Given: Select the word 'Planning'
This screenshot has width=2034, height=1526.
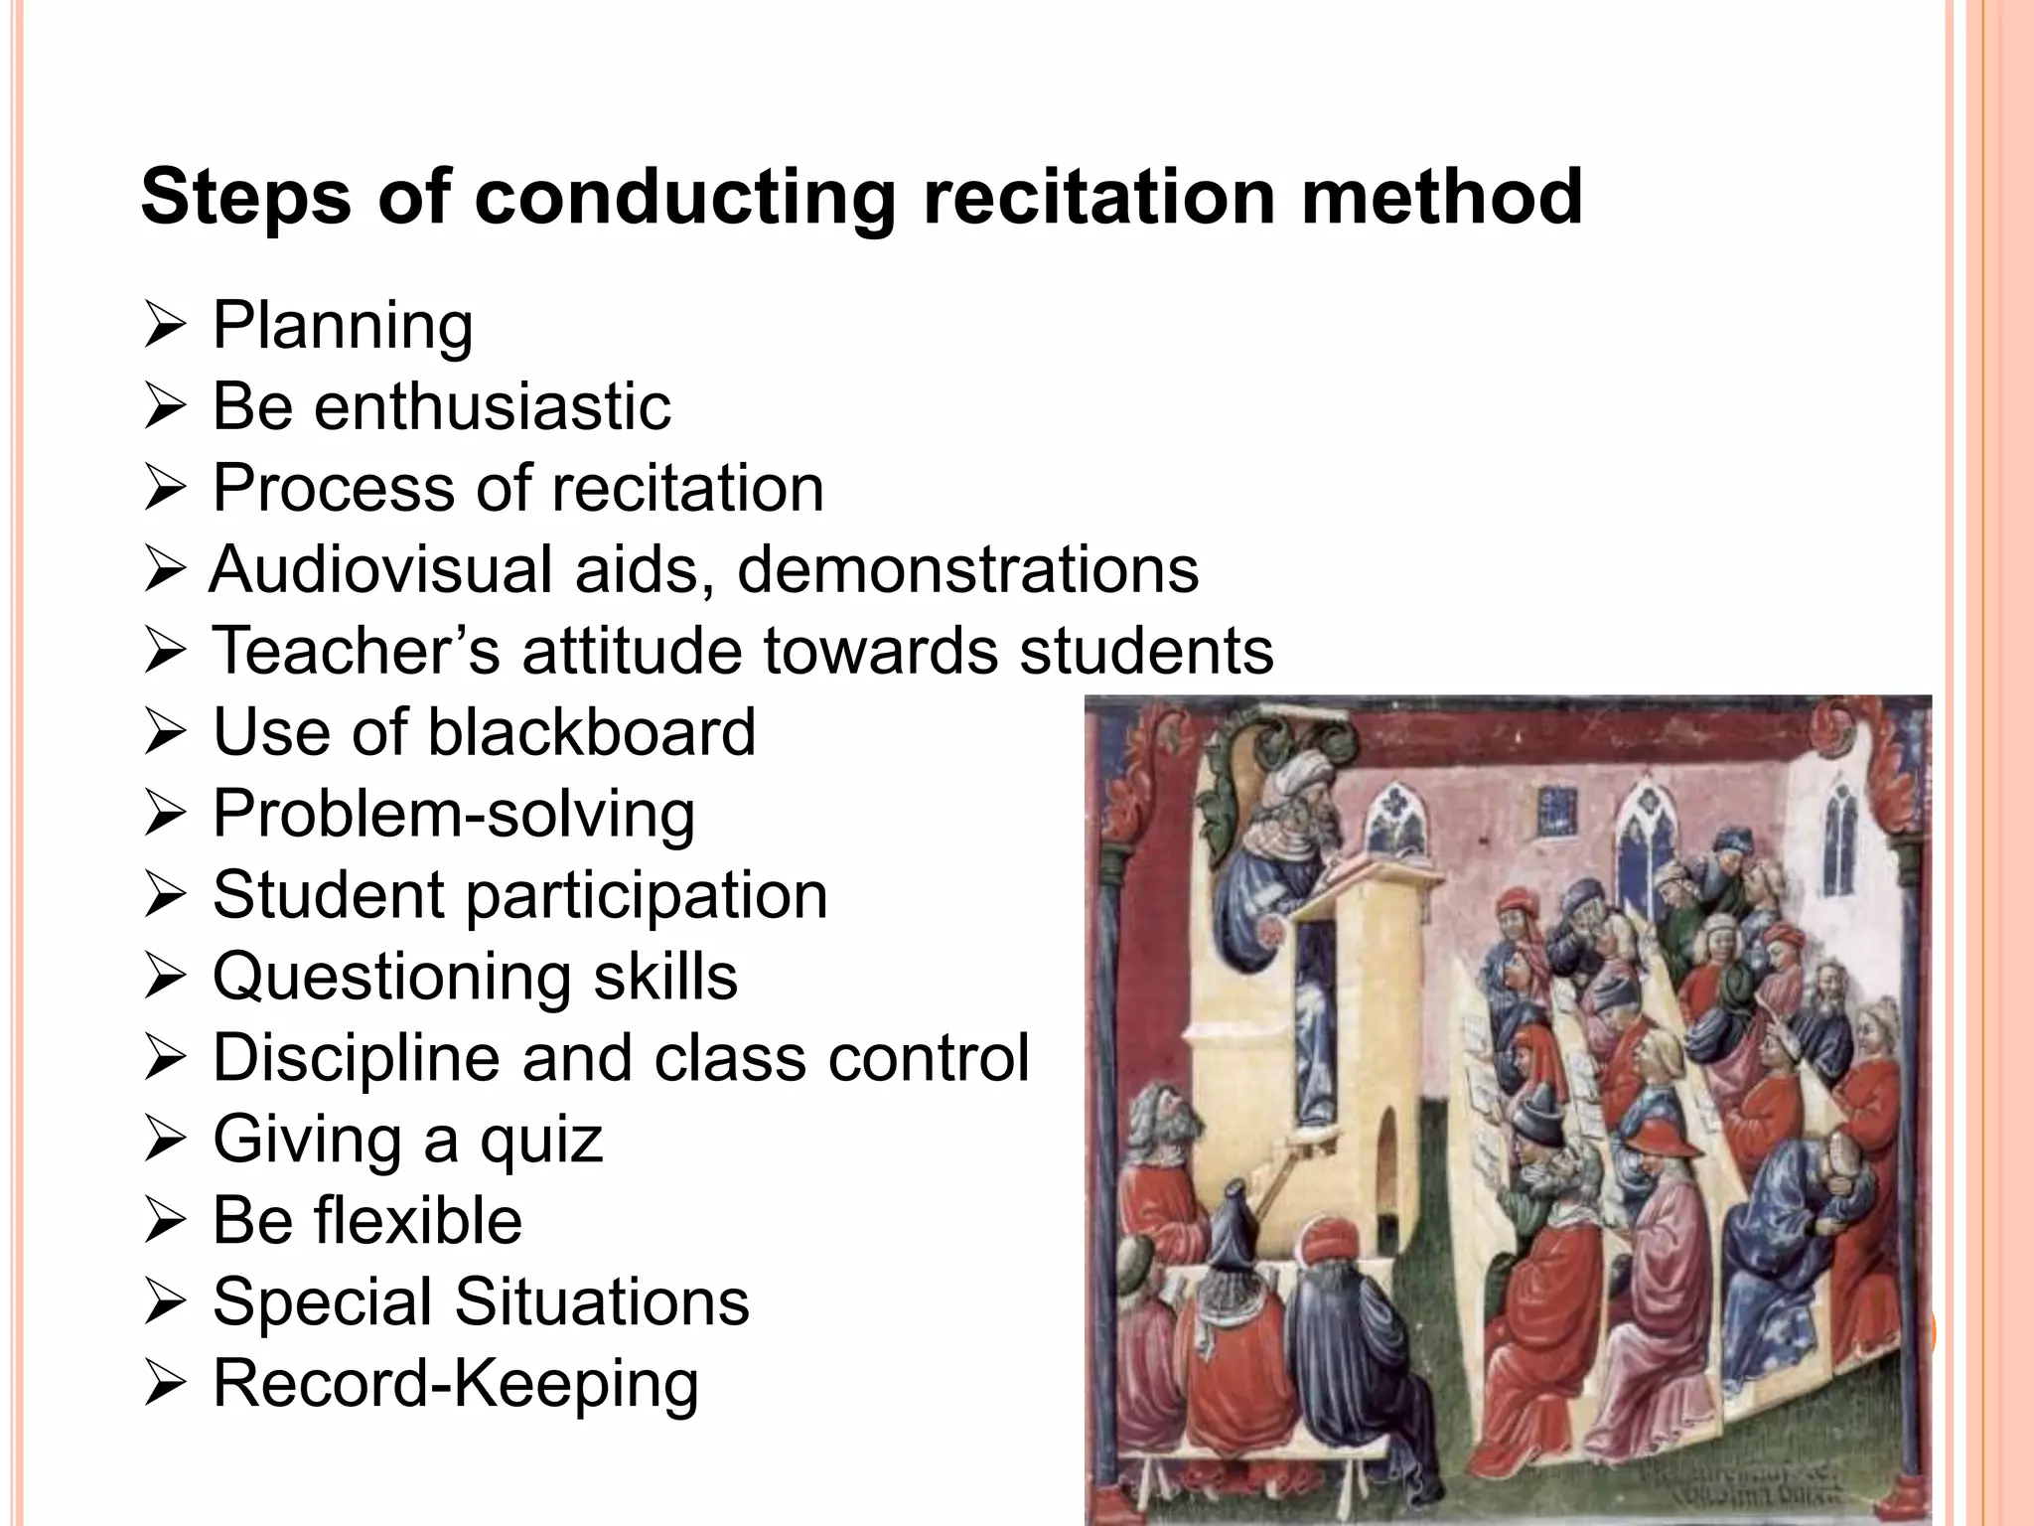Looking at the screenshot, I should tap(343, 327).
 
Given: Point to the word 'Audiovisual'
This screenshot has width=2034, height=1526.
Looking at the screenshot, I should tap(380, 569).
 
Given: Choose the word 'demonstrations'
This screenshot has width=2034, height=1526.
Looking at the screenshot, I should tap(967, 569).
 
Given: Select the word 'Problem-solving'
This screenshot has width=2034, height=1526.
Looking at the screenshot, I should tap(454, 815).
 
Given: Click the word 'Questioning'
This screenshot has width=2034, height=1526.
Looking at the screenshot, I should tap(391, 978).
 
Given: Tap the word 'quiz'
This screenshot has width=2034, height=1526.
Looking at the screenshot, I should tap(541, 1141).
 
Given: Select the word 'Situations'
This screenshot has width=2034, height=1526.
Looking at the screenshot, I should tap(602, 1301).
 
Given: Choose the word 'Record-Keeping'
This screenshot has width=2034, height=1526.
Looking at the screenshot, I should tap(456, 1384).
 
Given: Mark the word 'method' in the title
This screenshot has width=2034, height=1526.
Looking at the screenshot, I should tap(1442, 196).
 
